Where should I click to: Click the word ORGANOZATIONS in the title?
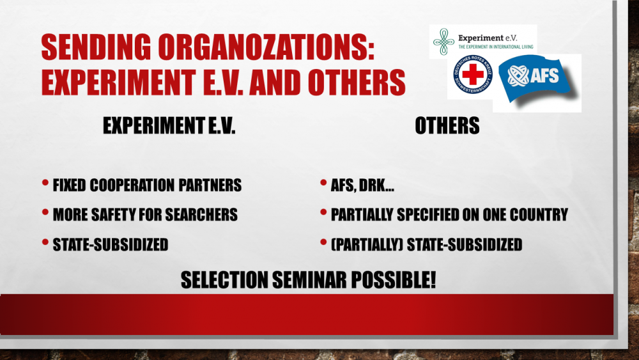click(266, 47)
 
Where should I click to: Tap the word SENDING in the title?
click(96, 47)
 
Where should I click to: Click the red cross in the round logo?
click(473, 75)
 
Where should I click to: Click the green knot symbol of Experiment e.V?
click(444, 42)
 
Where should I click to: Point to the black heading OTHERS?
click(447, 125)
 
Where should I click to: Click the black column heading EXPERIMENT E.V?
click(169, 125)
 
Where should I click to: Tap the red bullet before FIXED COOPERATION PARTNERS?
click(45, 183)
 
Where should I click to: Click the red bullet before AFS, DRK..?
click(323, 183)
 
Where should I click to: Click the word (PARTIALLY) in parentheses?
click(367, 245)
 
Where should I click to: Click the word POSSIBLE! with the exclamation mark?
click(394, 280)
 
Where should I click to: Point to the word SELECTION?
click(224, 280)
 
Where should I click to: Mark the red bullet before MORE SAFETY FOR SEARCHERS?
click(45, 212)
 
